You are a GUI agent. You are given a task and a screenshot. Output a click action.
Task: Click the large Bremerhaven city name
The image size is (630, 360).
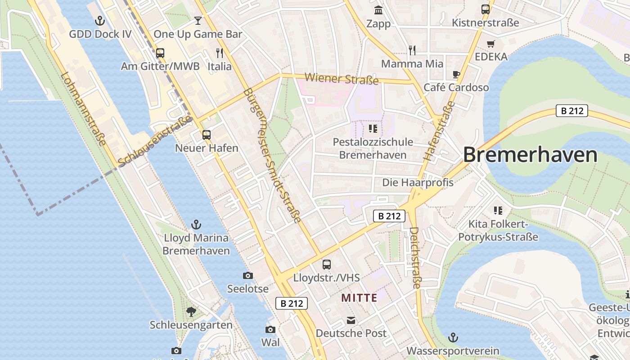click(x=530, y=155)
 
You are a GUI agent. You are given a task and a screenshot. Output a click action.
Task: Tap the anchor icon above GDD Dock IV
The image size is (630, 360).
click(x=100, y=20)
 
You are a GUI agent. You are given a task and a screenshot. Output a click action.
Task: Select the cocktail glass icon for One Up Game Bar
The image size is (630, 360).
click(x=198, y=20)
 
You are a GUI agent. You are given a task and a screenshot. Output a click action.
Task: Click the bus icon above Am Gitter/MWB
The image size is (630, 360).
click(x=160, y=53)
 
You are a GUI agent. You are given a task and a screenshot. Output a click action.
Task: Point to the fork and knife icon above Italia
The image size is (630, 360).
click(x=220, y=53)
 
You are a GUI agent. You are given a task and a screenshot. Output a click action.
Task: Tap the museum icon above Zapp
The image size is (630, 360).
click(x=378, y=10)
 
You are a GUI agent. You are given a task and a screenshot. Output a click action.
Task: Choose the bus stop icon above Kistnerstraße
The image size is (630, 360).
click(x=486, y=9)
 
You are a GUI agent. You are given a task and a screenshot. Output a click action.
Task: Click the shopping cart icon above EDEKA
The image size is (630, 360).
click(x=491, y=44)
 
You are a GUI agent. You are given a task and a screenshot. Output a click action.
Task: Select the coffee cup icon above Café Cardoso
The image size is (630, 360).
click(x=456, y=74)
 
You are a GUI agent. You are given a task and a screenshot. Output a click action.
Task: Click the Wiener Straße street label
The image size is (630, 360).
click(x=342, y=79)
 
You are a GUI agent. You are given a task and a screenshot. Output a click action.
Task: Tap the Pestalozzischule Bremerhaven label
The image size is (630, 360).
click(x=373, y=148)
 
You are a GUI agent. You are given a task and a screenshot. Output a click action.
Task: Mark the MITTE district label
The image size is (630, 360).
click(x=359, y=298)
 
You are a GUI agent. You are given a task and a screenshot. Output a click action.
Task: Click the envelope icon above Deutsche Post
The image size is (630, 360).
click(x=351, y=320)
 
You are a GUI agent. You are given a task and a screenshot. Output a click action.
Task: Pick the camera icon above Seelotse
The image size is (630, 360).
click(x=247, y=275)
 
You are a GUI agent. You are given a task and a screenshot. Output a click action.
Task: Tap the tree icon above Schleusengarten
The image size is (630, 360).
click(x=191, y=311)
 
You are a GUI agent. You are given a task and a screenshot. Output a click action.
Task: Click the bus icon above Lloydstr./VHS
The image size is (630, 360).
click(x=327, y=265)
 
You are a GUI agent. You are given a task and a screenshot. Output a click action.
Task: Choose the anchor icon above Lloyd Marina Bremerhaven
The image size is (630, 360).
click(x=196, y=224)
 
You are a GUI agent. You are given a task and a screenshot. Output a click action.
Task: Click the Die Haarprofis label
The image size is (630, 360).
click(x=418, y=183)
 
